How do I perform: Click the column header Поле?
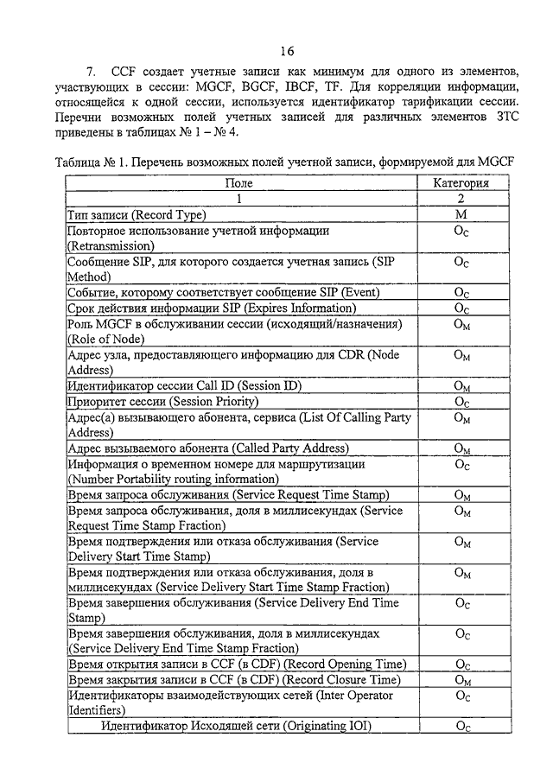(x=239, y=183)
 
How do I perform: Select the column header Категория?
(x=461, y=183)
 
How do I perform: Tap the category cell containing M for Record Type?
(x=461, y=214)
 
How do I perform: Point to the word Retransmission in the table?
(x=111, y=245)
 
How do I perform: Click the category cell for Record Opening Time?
(x=461, y=664)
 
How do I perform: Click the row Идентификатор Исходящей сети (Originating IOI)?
(x=235, y=727)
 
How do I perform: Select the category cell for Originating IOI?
(x=461, y=728)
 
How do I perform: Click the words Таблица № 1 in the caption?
(x=93, y=162)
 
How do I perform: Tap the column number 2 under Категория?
(x=461, y=199)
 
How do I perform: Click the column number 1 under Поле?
(x=239, y=199)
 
